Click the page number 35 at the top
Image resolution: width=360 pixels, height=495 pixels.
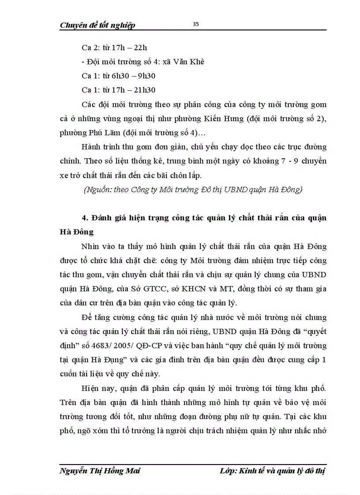196,24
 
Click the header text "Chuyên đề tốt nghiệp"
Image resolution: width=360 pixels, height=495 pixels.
97,25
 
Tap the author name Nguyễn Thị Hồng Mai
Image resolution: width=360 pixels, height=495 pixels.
100,471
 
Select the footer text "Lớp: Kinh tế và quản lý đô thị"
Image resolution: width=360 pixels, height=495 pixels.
273,471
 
